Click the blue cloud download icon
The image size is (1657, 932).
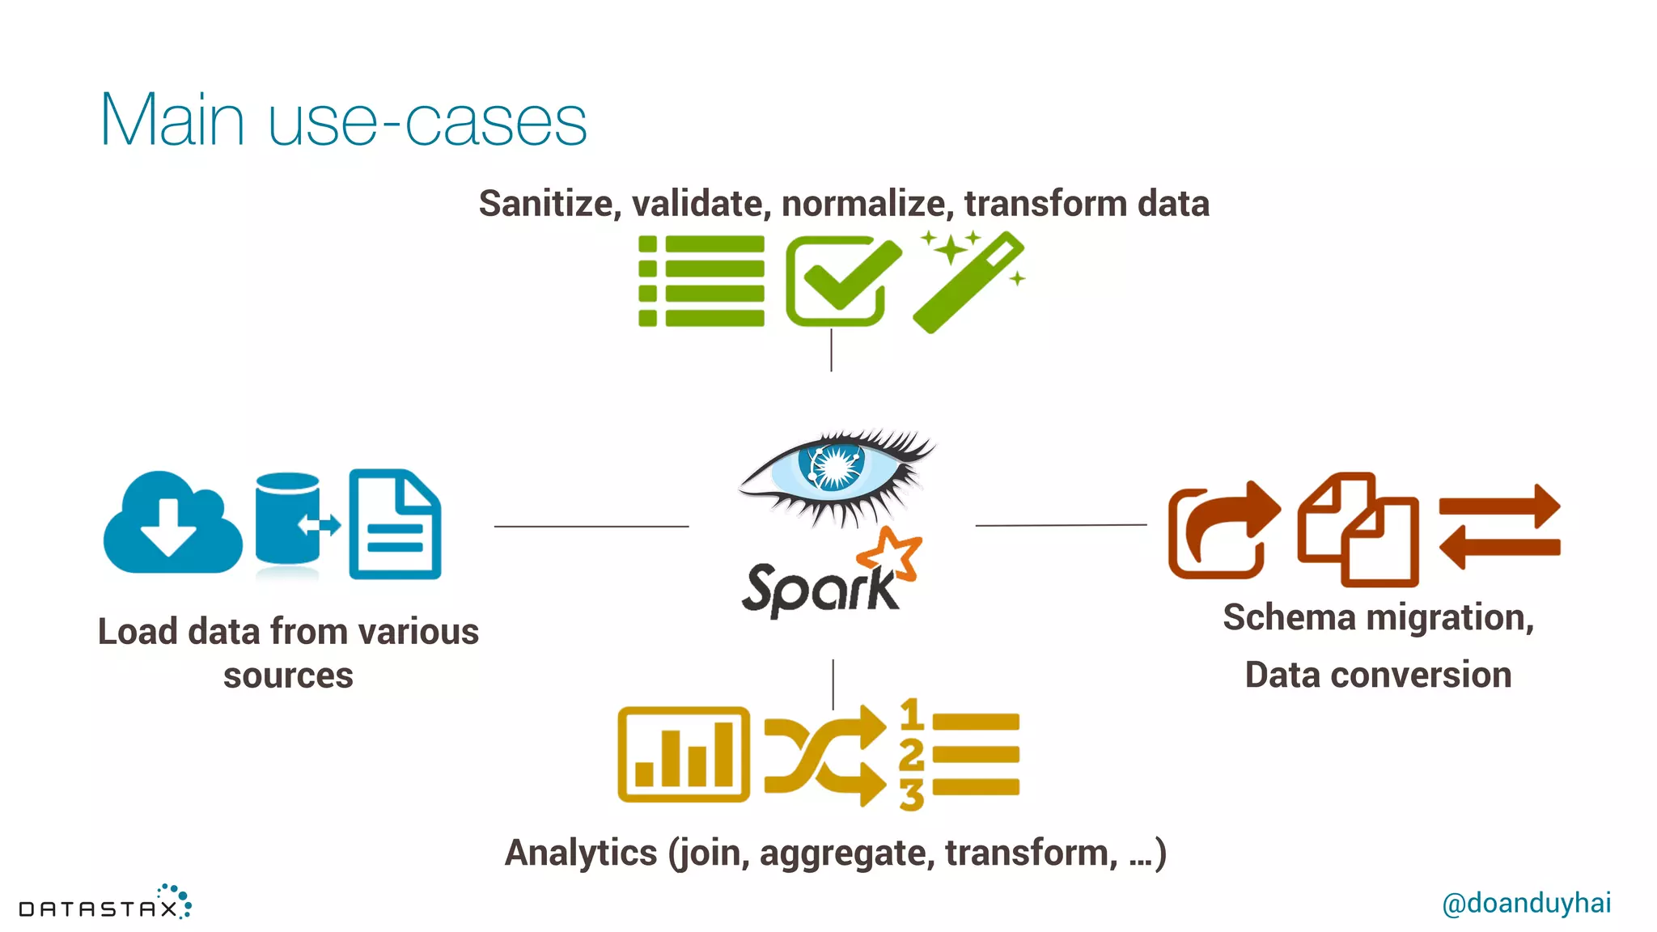(172, 523)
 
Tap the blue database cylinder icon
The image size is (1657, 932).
(288, 519)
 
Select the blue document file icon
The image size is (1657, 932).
(395, 524)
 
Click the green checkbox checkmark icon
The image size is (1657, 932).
(841, 280)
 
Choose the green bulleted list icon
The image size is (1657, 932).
(701, 281)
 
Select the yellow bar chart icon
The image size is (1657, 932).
(684, 754)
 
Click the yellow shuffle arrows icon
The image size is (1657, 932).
(824, 755)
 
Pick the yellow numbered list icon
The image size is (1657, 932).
(960, 754)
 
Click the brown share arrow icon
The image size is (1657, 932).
(1223, 530)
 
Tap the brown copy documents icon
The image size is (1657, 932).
(1358, 529)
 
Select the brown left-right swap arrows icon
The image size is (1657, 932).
(1499, 527)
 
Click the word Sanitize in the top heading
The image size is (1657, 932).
(549, 203)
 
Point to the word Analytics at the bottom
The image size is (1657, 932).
(581, 853)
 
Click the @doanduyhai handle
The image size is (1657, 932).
(1526, 903)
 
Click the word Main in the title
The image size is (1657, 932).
(172, 121)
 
